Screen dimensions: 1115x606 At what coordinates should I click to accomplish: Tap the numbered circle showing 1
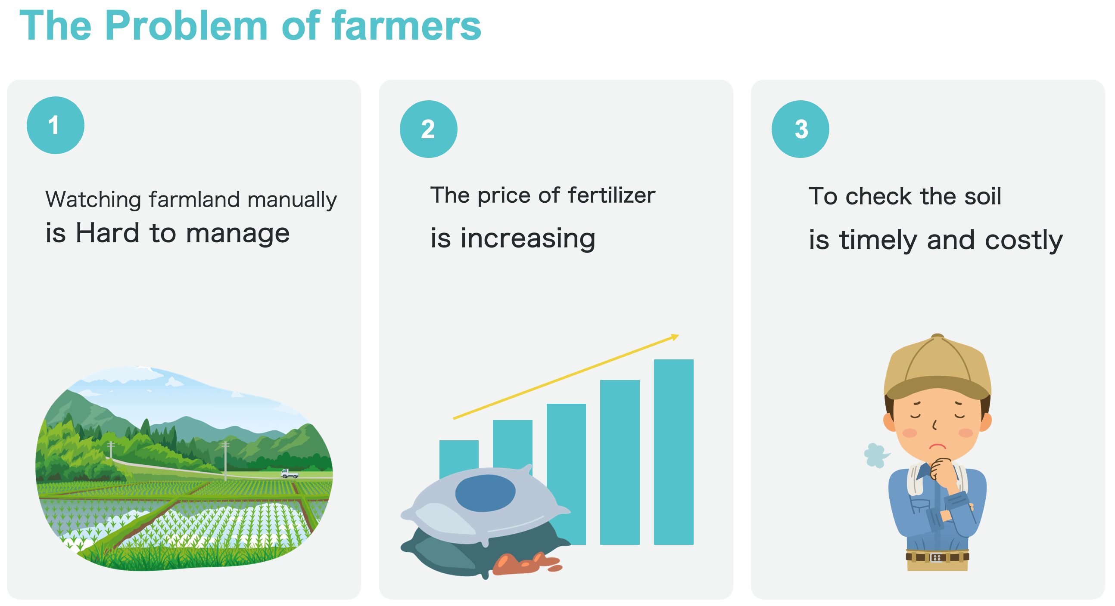pyautogui.click(x=56, y=125)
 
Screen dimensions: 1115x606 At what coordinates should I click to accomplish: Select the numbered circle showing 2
pyautogui.click(x=428, y=129)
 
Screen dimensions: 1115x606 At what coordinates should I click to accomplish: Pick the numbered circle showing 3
pyautogui.click(x=800, y=129)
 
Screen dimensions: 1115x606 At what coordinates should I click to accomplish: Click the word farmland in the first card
pyautogui.click(x=194, y=199)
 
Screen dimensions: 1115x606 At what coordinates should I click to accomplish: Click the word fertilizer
pyautogui.click(x=611, y=195)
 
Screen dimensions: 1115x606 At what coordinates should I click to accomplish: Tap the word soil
pyautogui.click(x=982, y=196)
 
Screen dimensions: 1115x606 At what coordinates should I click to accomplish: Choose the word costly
pyautogui.click(x=1024, y=240)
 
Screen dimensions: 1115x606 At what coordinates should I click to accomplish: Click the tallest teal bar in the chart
pyautogui.click(x=673, y=451)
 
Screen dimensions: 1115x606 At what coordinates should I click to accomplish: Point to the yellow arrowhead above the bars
pyautogui.click(x=675, y=337)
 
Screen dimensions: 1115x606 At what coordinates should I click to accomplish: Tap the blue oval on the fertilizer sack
pyautogui.click(x=485, y=493)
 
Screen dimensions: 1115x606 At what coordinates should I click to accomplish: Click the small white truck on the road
pyautogui.click(x=289, y=473)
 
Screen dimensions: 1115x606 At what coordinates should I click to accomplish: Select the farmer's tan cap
pyautogui.click(x=937, y=366)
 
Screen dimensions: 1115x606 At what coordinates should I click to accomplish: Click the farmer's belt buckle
pyautogui.click(x=936, y=557)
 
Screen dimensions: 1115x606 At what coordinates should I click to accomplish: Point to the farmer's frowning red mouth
pyautogui.click(x=938, y=446)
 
